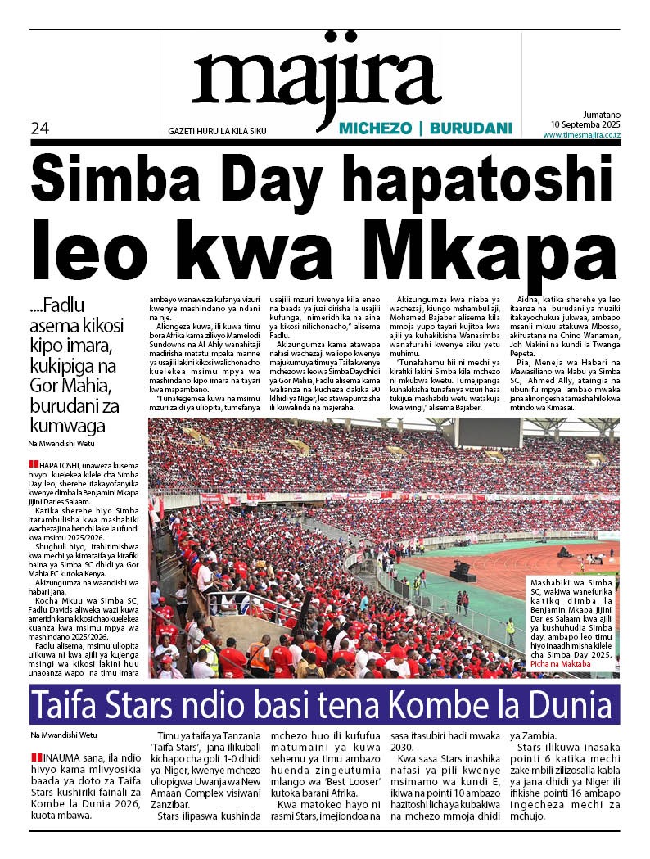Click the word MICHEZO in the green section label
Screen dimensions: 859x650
[373, 129]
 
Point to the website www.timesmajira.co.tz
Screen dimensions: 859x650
[581, 135]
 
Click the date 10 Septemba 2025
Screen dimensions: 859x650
[585, 124]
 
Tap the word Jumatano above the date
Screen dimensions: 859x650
[602, 115]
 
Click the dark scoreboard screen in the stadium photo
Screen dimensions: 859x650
[490, 432]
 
